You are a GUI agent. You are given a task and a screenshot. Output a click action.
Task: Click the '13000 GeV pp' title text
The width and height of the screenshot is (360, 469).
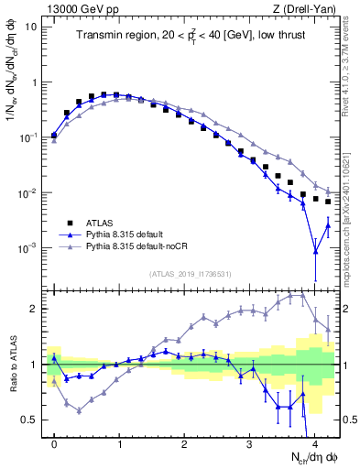pyautogui.click(x=81, y=9)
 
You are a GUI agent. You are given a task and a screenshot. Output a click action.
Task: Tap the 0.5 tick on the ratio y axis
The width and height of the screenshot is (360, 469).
pyautogui.click(x=30, y=420)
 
